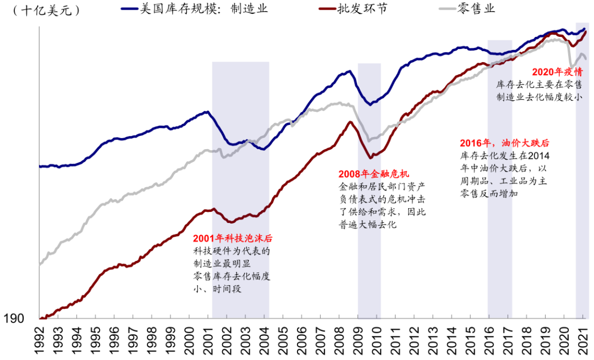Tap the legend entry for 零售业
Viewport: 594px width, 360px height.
pyautogui.click(x=474, y=9)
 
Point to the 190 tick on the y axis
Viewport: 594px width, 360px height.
pyautogui.click(x=13, y=319)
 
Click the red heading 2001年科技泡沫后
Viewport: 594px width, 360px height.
pyautogui.click(x=233, y=239)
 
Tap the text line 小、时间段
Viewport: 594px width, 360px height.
pyautogui.click(x=217, y=289)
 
